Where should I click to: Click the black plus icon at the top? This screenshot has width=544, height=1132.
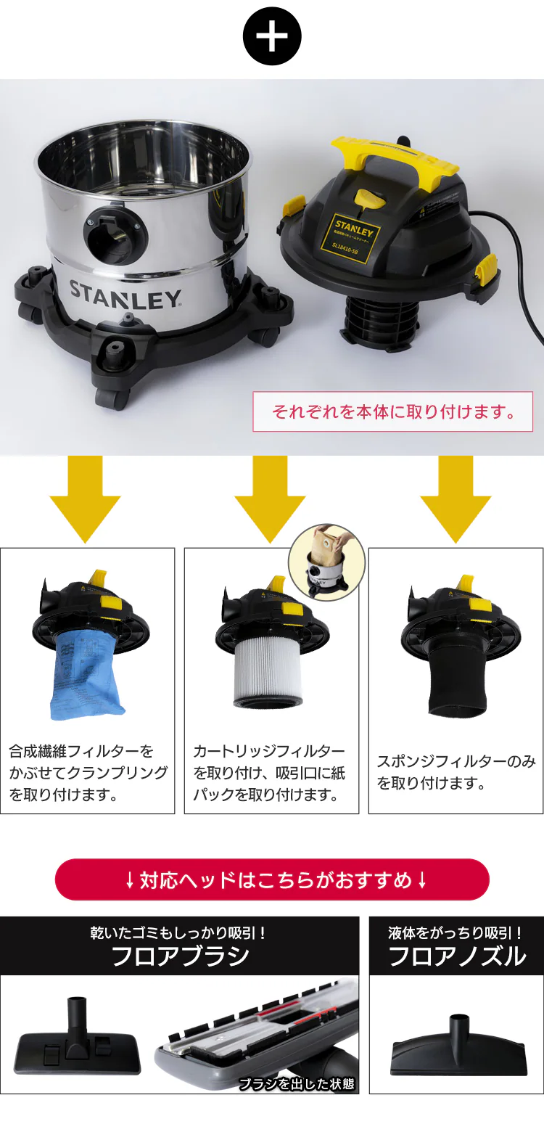[272, 37]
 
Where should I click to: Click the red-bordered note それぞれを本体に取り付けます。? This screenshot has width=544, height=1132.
[393, 411]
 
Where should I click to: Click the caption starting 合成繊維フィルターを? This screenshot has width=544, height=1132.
[87, 772]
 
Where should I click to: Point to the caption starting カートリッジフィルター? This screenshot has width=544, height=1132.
[270, 772]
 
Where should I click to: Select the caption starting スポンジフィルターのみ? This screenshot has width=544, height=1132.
[456, 772]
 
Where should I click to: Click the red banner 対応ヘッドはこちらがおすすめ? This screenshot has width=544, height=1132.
[272, 880]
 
